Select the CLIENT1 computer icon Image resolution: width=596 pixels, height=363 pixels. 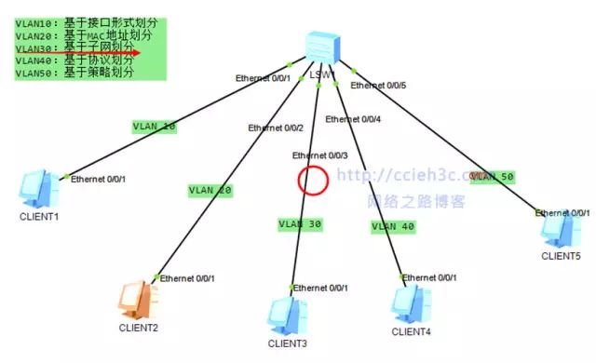(x=39, y=190)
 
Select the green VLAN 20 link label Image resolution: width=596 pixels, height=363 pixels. (x=210, y=190)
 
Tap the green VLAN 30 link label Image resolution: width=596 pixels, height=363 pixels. (x=299, y=223)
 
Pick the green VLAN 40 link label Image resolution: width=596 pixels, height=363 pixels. (x=393, y=225)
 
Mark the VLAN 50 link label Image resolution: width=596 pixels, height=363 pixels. (x=492, y=176)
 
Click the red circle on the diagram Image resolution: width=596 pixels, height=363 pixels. (x=313, y=180)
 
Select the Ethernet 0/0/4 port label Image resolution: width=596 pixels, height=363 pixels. (x=354, y=118)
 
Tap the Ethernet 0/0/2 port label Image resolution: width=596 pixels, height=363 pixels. (x=277, y=128)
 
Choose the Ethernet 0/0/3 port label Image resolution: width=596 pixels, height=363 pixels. (x=320, y=155)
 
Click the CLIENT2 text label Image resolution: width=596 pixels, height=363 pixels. (x=139, y=328)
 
